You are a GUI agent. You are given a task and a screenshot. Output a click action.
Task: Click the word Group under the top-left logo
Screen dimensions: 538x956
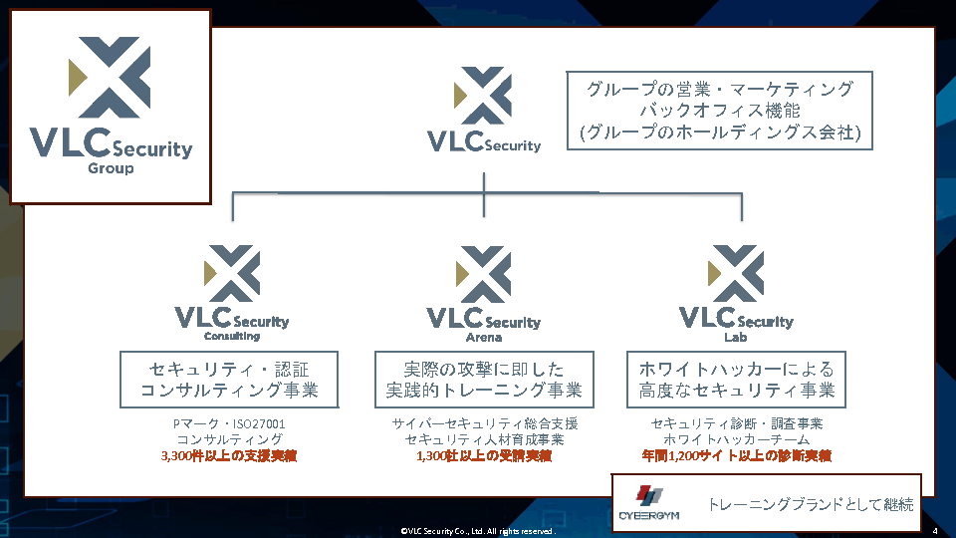click(x=111, y=168)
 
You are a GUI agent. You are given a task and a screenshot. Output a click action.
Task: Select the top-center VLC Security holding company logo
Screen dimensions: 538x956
click(x=484, y=110)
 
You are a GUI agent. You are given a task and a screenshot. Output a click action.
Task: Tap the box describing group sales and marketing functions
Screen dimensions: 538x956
click(x=719, y=110)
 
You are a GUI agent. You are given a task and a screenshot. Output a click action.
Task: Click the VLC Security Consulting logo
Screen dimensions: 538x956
click(x=231, y=289)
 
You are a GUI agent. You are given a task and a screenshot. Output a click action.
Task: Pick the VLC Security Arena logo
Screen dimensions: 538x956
click(x=484, y=289)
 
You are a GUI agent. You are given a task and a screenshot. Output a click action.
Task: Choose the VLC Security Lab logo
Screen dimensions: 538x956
click(x=736, y=289)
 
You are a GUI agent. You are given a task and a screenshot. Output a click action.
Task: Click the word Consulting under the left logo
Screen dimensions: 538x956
click(x=231, y=336)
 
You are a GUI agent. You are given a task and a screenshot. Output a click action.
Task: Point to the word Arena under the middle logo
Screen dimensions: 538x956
click(x=484, y=337)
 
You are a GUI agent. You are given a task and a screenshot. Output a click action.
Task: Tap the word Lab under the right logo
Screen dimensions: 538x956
click(x=736, y=337)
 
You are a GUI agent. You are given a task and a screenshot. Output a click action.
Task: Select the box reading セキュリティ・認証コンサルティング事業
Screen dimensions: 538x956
click(x=230, y=379)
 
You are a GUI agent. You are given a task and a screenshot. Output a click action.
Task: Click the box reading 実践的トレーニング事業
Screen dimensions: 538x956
click(x=484, y=379)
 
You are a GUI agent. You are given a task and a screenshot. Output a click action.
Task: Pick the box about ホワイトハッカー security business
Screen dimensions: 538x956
click(x=736, y=379)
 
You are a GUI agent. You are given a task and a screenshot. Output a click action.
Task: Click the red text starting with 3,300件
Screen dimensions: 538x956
click(x=230, y=455)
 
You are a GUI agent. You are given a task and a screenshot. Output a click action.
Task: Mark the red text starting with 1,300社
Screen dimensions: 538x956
click(x=484, y=455)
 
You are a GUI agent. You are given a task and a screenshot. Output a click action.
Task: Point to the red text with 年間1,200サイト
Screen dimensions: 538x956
click(x=736, y=455)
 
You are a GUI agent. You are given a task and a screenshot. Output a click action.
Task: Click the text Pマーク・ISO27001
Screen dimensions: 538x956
click(x=230, y=423)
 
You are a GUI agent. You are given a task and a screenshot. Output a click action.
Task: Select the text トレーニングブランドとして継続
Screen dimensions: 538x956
click(x=810, y=504)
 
